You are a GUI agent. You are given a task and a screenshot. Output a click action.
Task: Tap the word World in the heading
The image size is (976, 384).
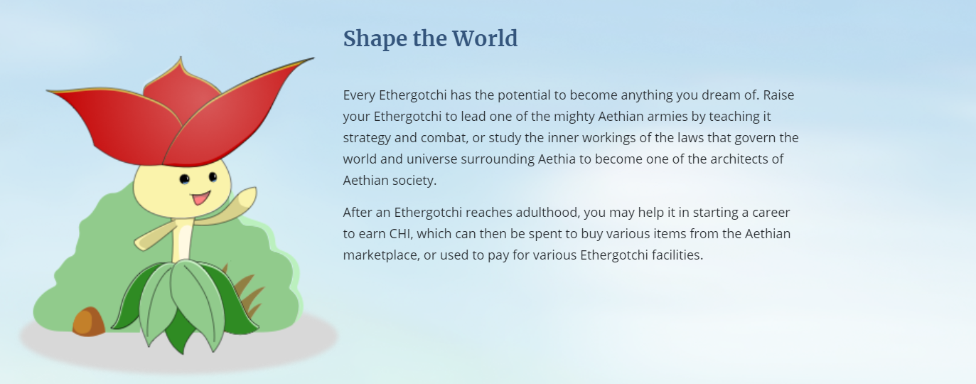pos(485,38)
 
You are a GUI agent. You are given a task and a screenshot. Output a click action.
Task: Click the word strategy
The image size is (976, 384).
pos(367,138)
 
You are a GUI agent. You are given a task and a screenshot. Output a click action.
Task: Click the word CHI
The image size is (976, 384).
pos(399,234)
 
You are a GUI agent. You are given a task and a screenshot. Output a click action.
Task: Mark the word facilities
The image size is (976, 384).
pos(677,255)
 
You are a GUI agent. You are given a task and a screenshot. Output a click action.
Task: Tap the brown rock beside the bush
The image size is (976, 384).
pos(89,322)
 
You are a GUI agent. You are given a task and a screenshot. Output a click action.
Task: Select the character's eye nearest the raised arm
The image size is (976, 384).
pos(213,176)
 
